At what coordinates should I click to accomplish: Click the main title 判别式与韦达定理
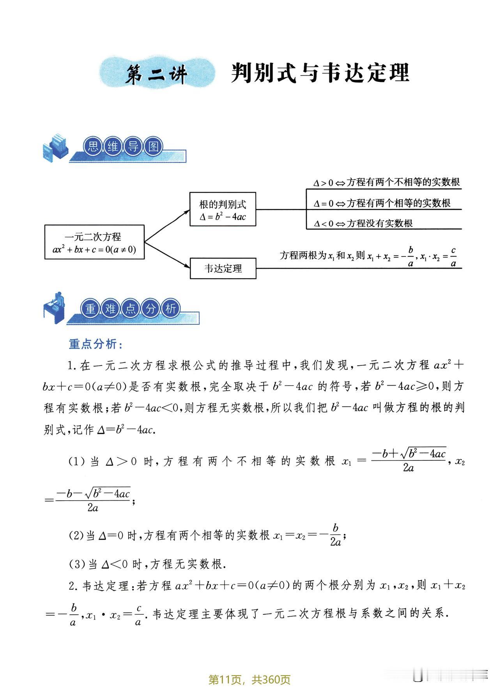coord(320,73)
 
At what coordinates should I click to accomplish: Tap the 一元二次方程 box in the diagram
coord(94,242)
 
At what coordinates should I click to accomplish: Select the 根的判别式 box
coord(223,209)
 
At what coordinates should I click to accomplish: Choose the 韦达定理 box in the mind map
coord(223,268)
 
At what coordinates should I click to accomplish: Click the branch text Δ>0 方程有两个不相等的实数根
coord(387,182)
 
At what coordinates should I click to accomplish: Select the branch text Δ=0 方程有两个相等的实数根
coord(382,203)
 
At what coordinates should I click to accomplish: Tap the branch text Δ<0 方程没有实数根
coord(363,223)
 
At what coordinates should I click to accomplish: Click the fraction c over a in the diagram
coord(453,257)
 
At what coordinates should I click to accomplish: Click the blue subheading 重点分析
coord(96,344)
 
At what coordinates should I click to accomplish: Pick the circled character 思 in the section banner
coord(93,147)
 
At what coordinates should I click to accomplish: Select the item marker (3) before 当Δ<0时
coord(76,564)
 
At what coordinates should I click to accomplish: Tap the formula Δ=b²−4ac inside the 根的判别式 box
coord(223,216)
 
